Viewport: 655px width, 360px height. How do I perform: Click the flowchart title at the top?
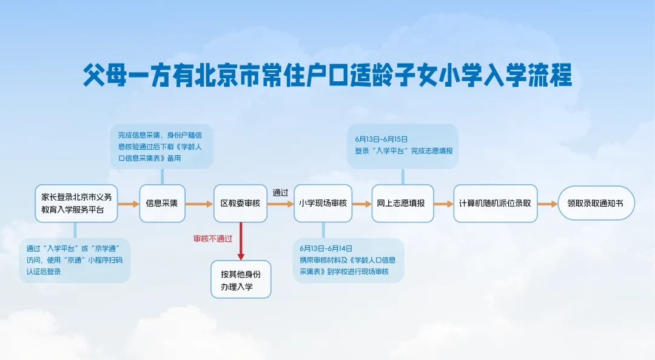coord(327,76)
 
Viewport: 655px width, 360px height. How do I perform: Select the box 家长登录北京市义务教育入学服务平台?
coord(76,204)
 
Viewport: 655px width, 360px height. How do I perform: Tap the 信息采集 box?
coord(162,204)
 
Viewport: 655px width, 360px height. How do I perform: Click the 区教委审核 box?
coord(240,204)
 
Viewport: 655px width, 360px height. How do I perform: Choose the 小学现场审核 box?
coord(323,204)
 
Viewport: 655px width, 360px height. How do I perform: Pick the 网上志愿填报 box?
coord(403,204)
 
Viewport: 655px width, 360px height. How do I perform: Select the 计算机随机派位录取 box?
coord(495,204)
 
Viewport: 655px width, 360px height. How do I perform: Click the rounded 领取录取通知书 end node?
coord(596,204)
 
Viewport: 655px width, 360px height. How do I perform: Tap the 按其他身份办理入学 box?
coord(241,279)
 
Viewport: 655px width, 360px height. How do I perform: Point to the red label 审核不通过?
coord(213,239)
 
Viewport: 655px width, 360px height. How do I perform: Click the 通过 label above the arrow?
coord(280,193)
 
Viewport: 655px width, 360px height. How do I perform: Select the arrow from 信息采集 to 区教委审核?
coord(199,204)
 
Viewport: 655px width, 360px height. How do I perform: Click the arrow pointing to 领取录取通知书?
coord(548,204)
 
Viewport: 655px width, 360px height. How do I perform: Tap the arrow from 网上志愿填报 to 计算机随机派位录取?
coord(443,204)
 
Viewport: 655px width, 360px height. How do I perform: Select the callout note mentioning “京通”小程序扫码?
coord(75,260)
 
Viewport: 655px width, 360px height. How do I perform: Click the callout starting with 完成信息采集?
coord(162,146)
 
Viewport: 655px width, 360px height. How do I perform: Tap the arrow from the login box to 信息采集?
coord(129,204)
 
